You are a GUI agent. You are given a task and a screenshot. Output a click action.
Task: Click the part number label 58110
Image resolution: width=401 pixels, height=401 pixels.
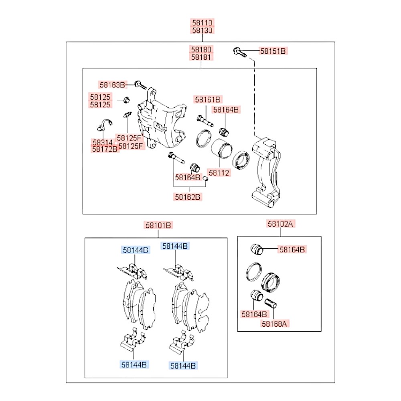pos(202,22)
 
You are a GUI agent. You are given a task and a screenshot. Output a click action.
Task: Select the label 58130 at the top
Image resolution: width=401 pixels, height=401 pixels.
pos(202,30)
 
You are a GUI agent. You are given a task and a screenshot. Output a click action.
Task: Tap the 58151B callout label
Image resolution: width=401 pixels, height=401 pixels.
pos(273,51)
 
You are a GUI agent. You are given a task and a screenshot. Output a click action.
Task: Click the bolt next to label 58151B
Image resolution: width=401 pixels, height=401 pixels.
pos(240,52)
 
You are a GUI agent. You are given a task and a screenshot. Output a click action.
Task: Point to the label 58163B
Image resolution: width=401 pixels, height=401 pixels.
pos(112,85)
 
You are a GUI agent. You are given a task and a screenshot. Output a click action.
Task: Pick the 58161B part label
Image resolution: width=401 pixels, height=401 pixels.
pos(208,99)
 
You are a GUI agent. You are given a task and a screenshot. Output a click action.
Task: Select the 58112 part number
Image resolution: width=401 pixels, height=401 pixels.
pos(219,173)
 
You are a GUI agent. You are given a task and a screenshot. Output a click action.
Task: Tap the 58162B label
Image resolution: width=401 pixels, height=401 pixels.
pos(188,197)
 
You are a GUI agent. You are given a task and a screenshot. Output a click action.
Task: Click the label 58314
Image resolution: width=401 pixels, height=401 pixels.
pos(103,142)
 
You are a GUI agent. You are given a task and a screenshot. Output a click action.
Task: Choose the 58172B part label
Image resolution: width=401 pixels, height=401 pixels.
pos(105,149)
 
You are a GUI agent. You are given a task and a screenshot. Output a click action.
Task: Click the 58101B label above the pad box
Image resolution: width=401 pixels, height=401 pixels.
pos(158,225)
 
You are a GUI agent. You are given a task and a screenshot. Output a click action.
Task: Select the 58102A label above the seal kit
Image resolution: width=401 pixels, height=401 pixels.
pos(280,224)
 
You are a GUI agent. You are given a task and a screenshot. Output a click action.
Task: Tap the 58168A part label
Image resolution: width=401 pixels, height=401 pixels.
pos(274,324)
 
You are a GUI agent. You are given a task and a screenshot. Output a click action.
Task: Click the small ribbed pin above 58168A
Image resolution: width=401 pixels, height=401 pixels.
pos(271,303)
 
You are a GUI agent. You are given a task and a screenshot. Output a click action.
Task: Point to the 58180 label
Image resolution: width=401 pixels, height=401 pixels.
pos(201,49)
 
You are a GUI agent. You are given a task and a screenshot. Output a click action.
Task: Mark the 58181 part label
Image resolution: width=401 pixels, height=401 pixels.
pos(201,57)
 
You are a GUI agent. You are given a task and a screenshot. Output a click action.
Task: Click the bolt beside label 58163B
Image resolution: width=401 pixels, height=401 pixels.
pos(140,85)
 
